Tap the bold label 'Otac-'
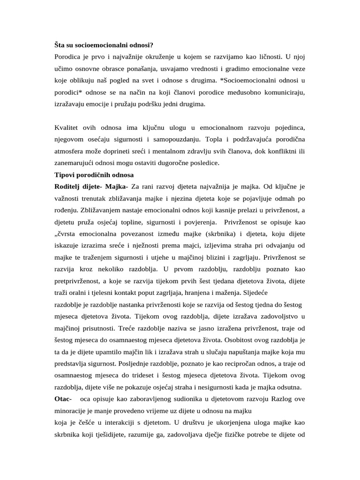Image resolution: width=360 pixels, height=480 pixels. click(63, 399)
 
